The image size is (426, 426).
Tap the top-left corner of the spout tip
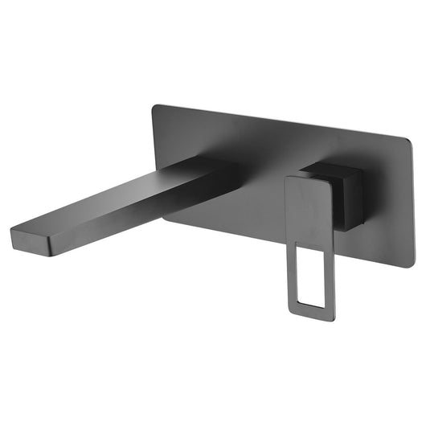pos(12,231)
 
